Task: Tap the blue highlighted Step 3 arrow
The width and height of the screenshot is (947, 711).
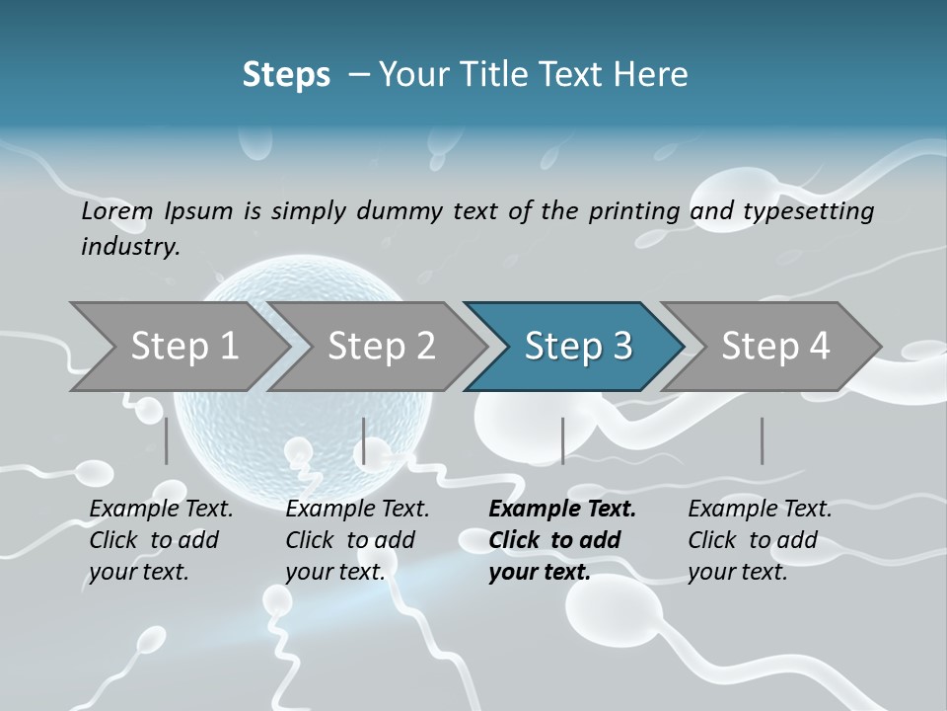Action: pos(577,347)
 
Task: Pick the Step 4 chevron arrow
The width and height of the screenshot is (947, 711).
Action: pos(774,347)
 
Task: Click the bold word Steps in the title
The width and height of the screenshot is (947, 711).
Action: pos(286,75)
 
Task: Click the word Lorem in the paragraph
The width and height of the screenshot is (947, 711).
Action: pos(117,210)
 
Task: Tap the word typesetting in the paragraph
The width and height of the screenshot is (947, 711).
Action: pos(813,210)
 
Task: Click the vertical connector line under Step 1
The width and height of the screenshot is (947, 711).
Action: pos(167,440)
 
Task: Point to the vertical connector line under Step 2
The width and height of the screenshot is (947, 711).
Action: pos(364,440)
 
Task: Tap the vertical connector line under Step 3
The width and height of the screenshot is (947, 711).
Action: pos(562,440)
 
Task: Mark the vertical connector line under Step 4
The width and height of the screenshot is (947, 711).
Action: pos(762,440)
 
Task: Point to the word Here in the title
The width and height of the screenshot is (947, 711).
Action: pos(655,75)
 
